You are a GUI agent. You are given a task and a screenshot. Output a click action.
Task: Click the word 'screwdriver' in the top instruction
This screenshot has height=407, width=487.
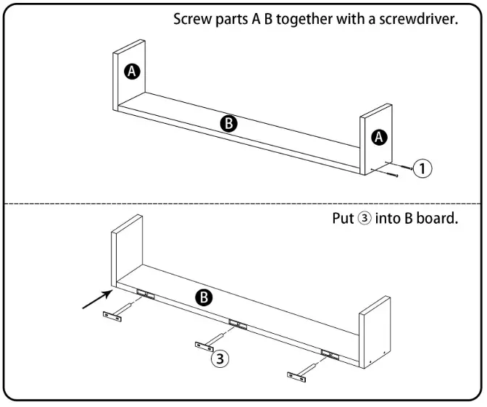pyautogui.click(x=417, y=19)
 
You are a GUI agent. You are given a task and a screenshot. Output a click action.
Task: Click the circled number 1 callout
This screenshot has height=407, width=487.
pyautogui.click(x=423, y=169)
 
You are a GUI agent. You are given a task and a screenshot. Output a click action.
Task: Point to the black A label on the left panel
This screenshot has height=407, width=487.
pyautogui.click(x=132, y=72)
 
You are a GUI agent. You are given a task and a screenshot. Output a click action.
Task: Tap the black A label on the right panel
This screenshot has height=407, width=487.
pyautogui.click(x=379, y=137)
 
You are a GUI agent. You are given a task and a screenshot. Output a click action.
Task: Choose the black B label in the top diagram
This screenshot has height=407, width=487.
pyautogui.click(x=229, y=124)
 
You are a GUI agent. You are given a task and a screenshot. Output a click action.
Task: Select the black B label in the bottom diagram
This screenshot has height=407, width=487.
pyautogui.click(x=204, y=298)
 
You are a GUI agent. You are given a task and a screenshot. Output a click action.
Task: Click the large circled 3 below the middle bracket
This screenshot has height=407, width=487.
pyautogui.click(x=220, y=359)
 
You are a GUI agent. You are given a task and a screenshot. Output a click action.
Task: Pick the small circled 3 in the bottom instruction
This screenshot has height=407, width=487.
pyautogui.click(x=365, y=218)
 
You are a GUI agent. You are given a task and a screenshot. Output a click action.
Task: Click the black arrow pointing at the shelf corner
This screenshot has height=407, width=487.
pyautogui.click(x=98, y=299)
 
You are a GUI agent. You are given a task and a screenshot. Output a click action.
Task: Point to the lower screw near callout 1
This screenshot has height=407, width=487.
pyautogui.click(x=385, y=172)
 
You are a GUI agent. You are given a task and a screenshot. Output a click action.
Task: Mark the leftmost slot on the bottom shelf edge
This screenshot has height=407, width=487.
pyautogui.click(x=146, y=293)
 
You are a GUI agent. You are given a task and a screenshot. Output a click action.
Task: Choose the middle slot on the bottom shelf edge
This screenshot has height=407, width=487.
pyautogui.click(x=238, y=324)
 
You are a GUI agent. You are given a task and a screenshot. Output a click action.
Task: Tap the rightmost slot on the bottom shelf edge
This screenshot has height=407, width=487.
pyautogui.click(x=330, y=354)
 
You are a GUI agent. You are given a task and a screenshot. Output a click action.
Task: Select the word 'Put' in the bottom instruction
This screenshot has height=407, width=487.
pyautogui.click(x=344, y=218)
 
